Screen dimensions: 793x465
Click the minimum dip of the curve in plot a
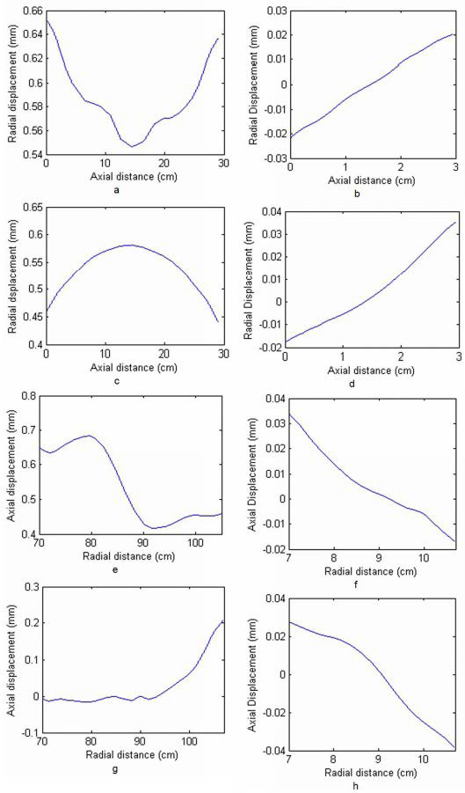click(132, 146)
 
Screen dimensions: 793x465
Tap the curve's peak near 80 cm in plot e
click(89, 435)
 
